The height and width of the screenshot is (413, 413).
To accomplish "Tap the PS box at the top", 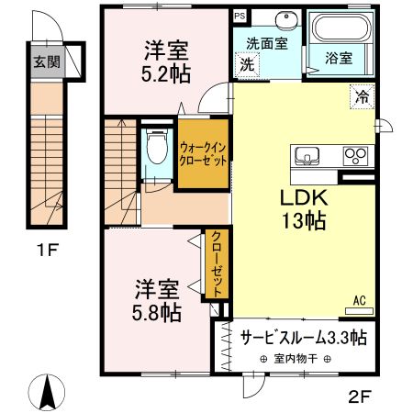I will tap(240, 16).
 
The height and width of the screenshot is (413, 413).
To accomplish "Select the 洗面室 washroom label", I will tap(264, 43).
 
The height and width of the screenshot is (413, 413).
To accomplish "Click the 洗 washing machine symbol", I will tap(247, 65).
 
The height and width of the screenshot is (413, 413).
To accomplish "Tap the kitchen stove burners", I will tap(357, 155).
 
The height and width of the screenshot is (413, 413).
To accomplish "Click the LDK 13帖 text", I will tap(304, 208).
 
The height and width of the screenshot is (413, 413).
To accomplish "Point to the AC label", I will tap(361, 299).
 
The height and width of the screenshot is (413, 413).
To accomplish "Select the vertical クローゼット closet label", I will tap(215, 262).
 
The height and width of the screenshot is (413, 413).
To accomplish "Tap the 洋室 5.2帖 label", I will tap(165, 61).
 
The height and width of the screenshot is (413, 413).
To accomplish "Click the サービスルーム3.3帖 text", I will tap(304, 337).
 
